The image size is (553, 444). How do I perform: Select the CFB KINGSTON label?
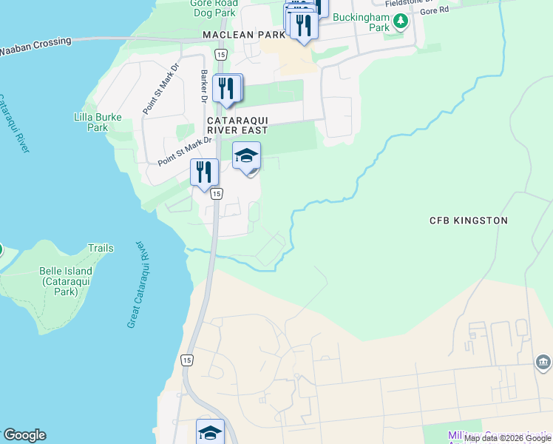click(469, 221)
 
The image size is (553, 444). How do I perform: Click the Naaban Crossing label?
click(35, 46)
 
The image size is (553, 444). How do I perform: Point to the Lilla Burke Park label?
click(91, 122)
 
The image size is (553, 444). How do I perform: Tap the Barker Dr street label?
click(203, 86)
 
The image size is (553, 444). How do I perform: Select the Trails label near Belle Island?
click(101, 249)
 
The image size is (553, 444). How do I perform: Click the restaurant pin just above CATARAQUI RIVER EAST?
click(227, 88)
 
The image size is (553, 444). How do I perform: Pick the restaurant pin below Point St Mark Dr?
click(204, 172)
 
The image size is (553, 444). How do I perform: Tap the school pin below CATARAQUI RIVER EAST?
click(247, 156)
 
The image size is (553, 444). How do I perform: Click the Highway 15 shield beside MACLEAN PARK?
click(220, 55)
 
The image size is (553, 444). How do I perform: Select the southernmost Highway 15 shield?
click(187, 360)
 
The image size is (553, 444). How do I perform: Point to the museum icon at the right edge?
click(543, 362)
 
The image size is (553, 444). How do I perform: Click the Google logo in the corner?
click(24, 435)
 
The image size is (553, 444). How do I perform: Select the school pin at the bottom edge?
click(210, 432)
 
